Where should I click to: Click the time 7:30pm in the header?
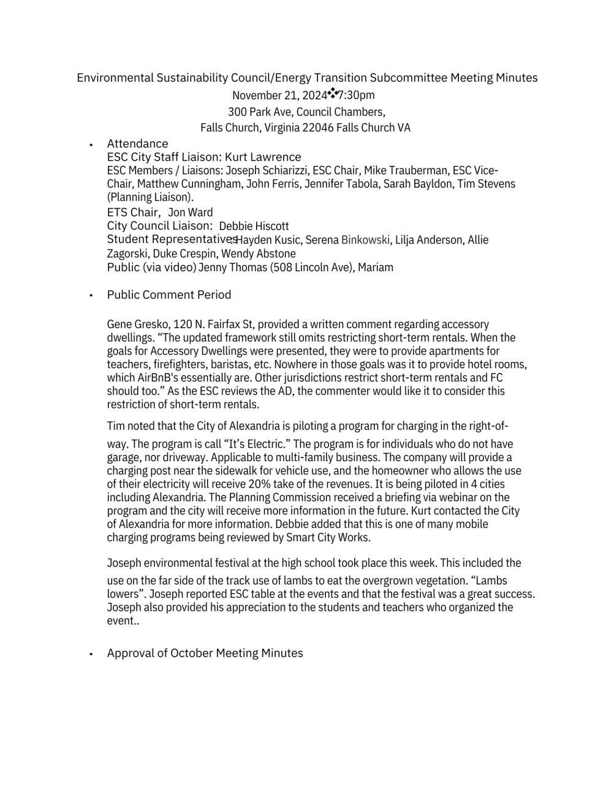click(357, 95)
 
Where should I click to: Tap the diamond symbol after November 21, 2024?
click(333, 93)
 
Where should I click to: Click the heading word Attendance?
click(137, 144)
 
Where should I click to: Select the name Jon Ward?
click(191, 212)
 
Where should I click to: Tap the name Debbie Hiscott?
click(254, 226)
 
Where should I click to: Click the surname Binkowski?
click(365, 240)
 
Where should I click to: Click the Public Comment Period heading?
click(169, 294)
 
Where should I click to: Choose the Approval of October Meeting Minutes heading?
click(205, 653)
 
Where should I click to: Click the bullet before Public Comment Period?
click(91, 296)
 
